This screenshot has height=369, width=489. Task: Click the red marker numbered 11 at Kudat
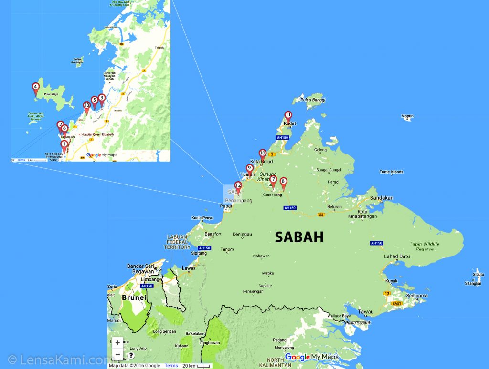pyautogui.click(x=288, y=116)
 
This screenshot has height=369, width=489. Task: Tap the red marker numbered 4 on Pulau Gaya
pyautogui.click(x=35, y=88)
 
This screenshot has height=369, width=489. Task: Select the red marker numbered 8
pyautogui.click(x=283, y=182)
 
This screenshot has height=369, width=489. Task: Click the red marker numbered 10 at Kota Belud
pyautogui.click(x=262, y=154)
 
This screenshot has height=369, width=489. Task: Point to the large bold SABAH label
pyautogui.click(x=299, y=237)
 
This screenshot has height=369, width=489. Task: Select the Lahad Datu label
pyautogui.click(x=397, y=256)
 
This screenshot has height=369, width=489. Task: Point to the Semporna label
pyautogui.click(x=416, y=296)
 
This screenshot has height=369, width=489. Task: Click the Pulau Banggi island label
pyautogui.click(x=312, y=100)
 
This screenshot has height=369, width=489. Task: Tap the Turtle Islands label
pyautogui.click(x=391, y=172)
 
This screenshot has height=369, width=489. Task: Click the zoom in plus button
pyautogui.click(x=117, y=343)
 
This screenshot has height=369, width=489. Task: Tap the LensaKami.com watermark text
pyautogui.click(x=57, y=360)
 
